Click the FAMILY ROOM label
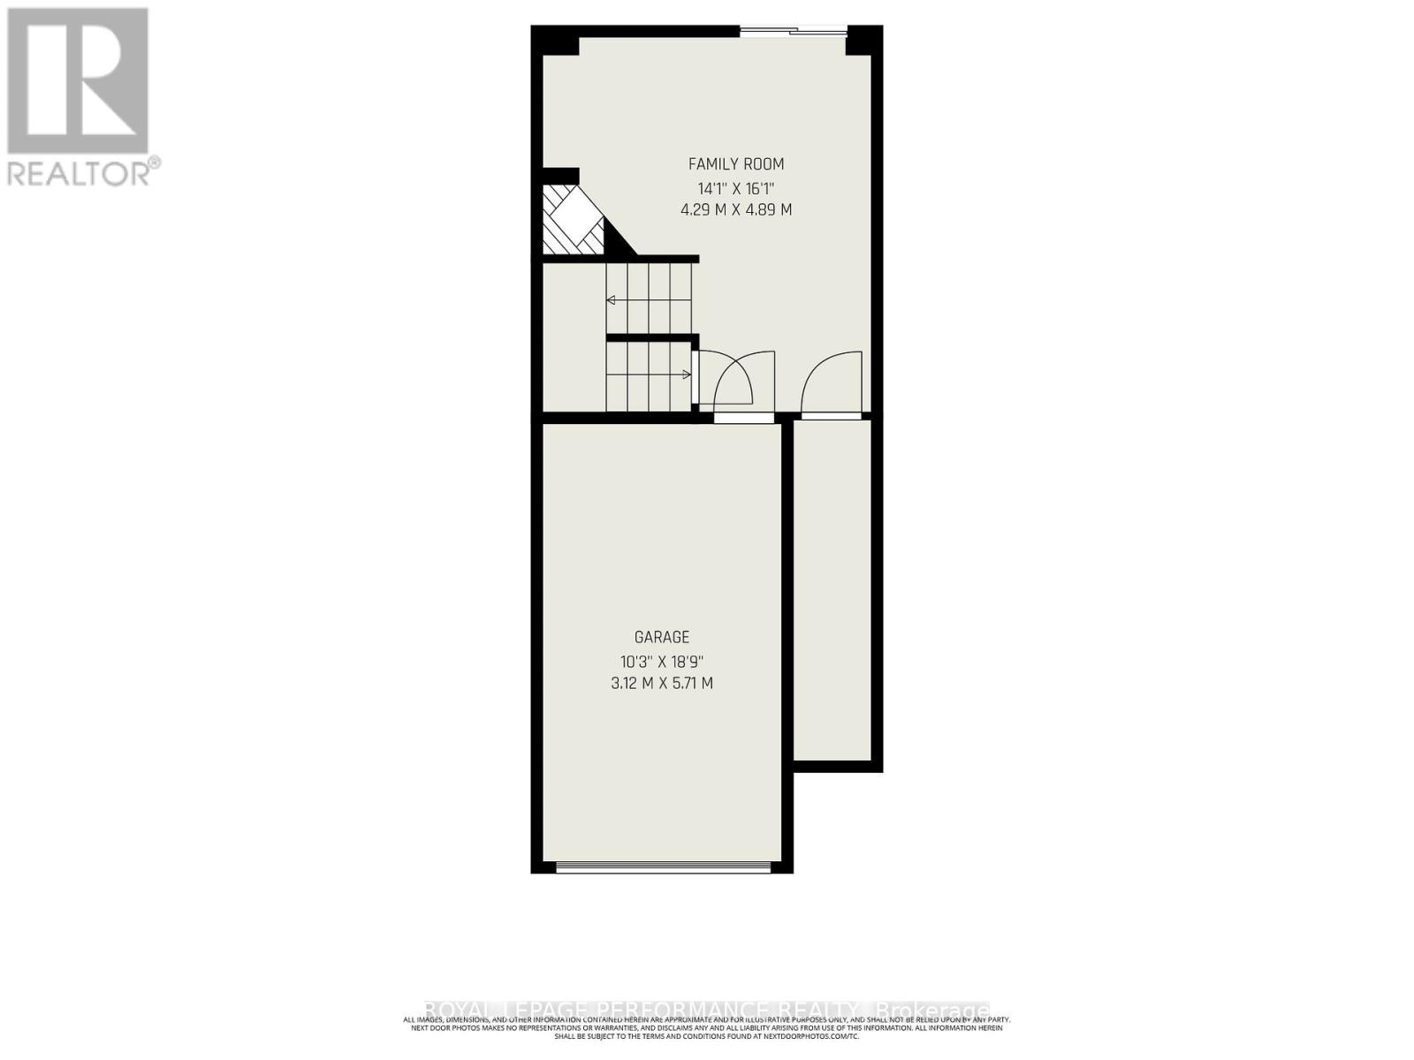click(735, 164)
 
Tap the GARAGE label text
click(661, 637)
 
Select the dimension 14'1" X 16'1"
click(735, 188)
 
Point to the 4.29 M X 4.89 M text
click(735, 210)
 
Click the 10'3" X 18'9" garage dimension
click(661, 661)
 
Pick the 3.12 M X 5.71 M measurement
click(661, 683)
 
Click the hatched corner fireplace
click(570, 221)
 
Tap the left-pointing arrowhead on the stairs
click(611, 300)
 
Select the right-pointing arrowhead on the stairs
click(687, 375)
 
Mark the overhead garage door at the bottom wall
click(663, 867)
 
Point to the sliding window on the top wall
click(793, 33)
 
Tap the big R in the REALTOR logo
click(78, 81)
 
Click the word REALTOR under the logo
click(80, 171)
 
